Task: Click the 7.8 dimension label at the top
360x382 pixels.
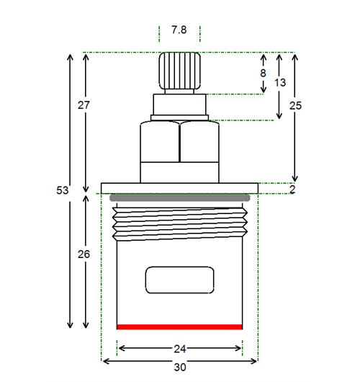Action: click(x=179, y=30)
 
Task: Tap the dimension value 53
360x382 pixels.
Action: click(x=63, y=190)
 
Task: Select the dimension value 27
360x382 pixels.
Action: click(x=84, y=105)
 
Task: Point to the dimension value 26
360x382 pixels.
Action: click(x=84, y=254)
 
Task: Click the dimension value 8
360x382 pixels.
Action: click(x=263, y=73)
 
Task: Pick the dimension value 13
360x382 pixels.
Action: click(x=280, y=83)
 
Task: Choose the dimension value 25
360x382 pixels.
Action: click(x=295, y=105)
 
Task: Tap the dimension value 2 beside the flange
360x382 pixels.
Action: click(x=292, y=190)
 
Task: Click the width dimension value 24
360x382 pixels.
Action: click(x=180, y=349)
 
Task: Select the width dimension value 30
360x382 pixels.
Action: click(x=180, y=367)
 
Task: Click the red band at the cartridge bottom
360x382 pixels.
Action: click(x=179, y=327)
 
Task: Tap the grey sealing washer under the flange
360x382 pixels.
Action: click(x=180, y=197)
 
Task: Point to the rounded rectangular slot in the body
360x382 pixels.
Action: click(x=179, y=280)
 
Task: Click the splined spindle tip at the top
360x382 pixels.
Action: click(x=179, y=71)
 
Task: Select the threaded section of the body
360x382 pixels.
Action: click(x=180, y=224)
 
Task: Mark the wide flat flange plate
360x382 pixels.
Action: click(x=179, y=188)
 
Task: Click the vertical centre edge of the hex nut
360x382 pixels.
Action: click(x=179, y=142)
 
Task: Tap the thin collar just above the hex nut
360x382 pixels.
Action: click(x=179, y=118)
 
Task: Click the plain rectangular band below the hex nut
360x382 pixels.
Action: click(x=179, y=172)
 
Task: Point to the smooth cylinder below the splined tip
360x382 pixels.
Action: click(x=179, y=105)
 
